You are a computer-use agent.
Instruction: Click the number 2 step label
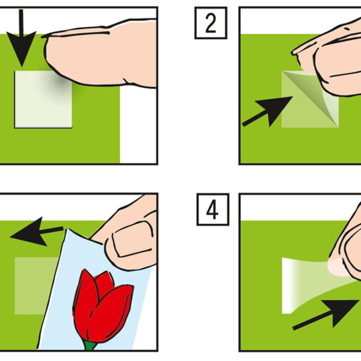point(211,23)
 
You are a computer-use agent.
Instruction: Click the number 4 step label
point(213,209)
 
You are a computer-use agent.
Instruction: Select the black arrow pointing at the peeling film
point(268,111)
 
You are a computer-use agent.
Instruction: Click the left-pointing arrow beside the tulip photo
point(37,232)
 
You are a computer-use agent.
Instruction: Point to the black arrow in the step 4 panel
point(326,315)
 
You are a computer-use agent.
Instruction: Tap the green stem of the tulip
point(90,345)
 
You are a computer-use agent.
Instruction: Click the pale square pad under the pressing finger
point(43,99)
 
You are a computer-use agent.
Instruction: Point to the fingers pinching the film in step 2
point(332,58)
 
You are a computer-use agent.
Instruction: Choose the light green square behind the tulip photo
point(34,286)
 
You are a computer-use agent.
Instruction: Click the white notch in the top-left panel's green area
point(138,126)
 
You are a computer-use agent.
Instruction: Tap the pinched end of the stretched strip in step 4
point(338,268)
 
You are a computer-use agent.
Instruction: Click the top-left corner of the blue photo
point(67,229)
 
